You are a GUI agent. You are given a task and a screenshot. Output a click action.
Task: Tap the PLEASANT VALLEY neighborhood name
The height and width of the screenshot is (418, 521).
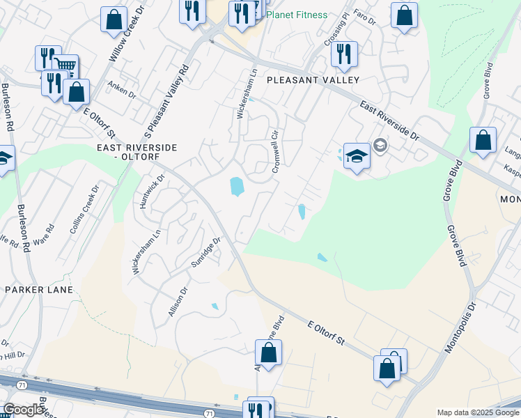click(x=313, y=80)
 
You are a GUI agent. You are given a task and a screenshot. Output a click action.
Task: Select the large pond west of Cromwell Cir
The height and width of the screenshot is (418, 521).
click(x=237, y=186)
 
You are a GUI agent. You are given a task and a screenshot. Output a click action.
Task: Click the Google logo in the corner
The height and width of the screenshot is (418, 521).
click(x=22, y=410)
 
